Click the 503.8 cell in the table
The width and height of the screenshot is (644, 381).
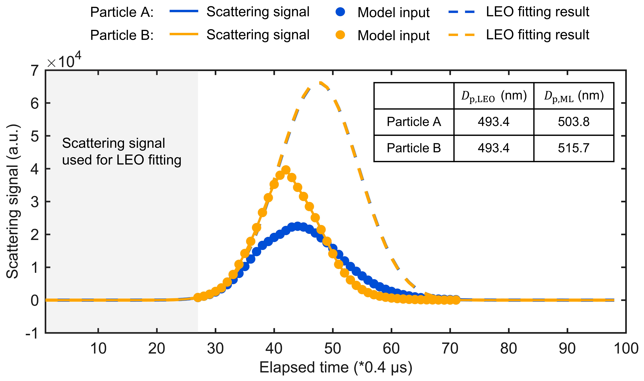(x=573, y=122)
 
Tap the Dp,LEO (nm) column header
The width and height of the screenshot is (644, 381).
(x=494, y=96)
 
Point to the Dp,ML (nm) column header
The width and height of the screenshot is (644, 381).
(x=574, y=96)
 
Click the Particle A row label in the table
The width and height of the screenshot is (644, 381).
(x=414, y=122)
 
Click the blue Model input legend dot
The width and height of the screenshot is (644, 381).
(x=340, y=12)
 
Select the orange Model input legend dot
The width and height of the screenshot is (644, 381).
(x=340, y=35)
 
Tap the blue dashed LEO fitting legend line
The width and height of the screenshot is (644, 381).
(x=461, y=12)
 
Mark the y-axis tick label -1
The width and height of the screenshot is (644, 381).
(x=32, y=334)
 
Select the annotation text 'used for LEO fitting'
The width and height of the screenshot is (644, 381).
(x=122, y=160)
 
